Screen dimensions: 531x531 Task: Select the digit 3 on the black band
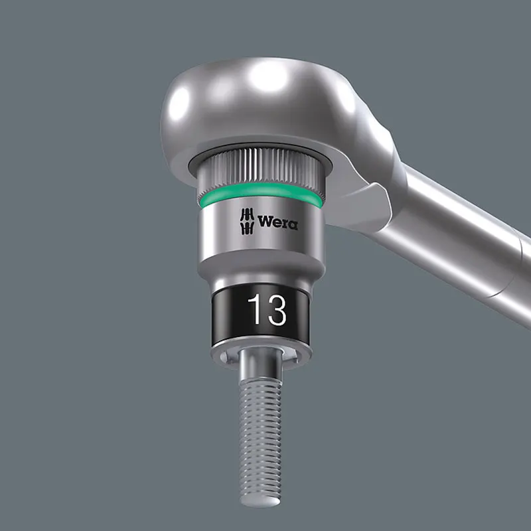[276, 309]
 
